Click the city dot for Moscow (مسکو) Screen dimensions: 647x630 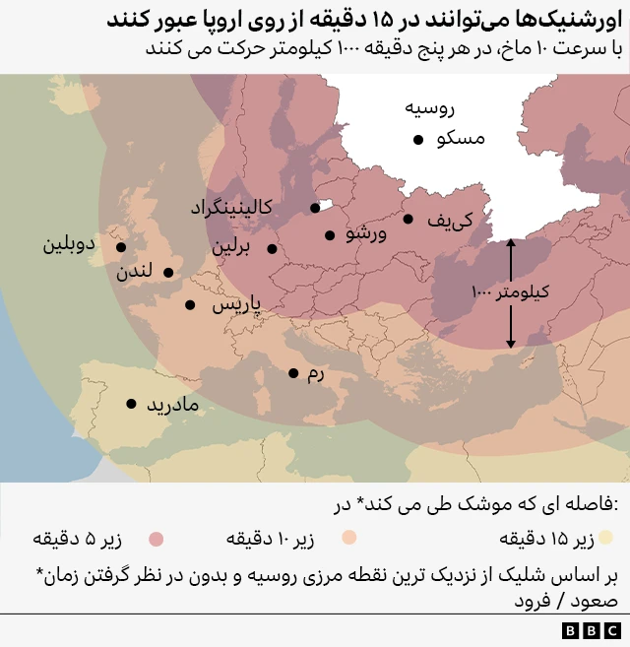click(418, 140)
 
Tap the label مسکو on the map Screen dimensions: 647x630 click(461, 140)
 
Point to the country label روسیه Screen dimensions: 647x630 click(430, 108)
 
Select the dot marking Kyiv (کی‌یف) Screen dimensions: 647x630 click(408, 220)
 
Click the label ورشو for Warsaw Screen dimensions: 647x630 click(367, 235)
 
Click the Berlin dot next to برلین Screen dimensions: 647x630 click(272, 249)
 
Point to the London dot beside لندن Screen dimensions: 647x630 click(168, 273)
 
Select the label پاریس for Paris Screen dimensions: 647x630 click(236, 305)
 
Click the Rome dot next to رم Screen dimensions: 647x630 click(293, 373)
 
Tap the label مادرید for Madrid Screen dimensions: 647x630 click(173, 405)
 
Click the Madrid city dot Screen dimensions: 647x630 click(131, 403)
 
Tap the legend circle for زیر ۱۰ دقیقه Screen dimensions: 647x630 click(347, 539)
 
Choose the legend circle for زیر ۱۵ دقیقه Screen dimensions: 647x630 click(607, 539)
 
